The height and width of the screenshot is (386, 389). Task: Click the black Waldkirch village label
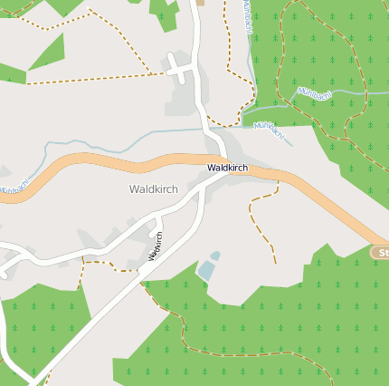(x=227, y=169)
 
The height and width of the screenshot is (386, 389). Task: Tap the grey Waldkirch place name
(x=154, y=189)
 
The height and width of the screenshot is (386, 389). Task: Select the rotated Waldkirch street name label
(x=155, y=246)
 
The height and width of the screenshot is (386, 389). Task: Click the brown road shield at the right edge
(x=381, y=253)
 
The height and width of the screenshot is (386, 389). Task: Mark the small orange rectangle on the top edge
(x=200, y=3)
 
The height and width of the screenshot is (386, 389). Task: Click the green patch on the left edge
(x=9, y=72)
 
